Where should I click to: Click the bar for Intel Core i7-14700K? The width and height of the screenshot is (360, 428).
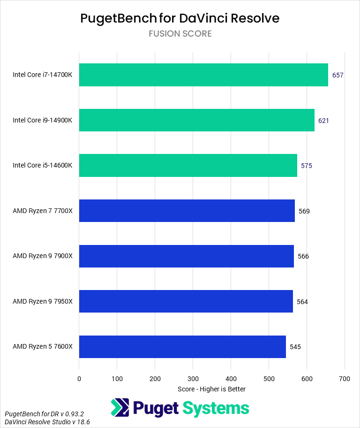coord(203,75)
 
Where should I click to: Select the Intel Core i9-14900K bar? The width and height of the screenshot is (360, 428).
coord(197,120)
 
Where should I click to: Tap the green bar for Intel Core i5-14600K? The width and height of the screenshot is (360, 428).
coord(188,166)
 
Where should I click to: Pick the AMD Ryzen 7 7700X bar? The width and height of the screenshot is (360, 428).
coord(187,211)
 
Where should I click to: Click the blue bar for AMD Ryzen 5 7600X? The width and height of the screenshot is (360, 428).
coord(182,347)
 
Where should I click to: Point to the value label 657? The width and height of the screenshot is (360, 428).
coord(338,75)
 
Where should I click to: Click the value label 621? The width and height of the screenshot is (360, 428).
coord(323,121)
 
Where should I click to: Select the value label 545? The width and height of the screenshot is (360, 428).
coord(295,347)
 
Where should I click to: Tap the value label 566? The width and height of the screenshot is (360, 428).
coord(303,256)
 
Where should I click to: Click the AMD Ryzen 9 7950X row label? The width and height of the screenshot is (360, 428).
coord(43,301)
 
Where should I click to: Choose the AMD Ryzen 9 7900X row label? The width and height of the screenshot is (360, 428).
coord(43,256)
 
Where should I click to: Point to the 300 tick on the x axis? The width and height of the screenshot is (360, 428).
coord(193,378)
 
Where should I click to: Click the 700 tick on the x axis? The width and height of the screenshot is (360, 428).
coord(345,378)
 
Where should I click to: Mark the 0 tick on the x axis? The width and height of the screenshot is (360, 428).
coord(79,378)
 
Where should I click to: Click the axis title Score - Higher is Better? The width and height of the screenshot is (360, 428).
coord(212,389)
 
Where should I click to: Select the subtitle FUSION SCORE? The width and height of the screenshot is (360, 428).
coord(180,34)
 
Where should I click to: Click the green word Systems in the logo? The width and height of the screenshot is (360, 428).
coord(216,408)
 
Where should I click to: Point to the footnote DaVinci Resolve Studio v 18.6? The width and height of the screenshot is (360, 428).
coord(47,422)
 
